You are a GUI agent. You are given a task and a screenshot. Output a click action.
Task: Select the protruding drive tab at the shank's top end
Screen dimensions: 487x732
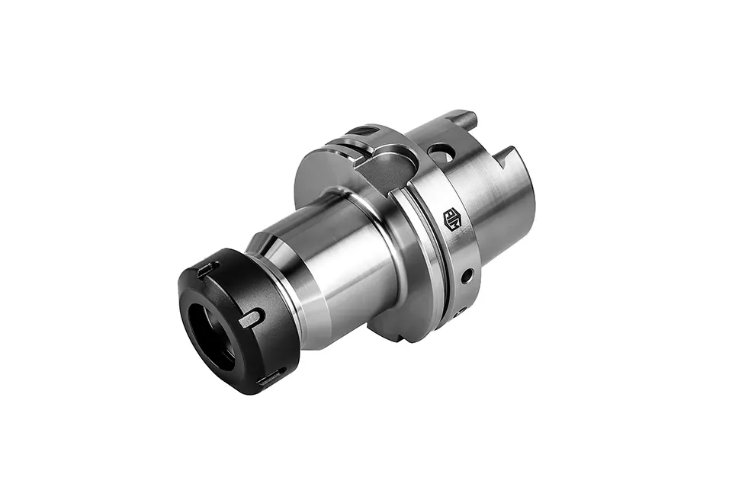pyautogui.click(x=463, y=120)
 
